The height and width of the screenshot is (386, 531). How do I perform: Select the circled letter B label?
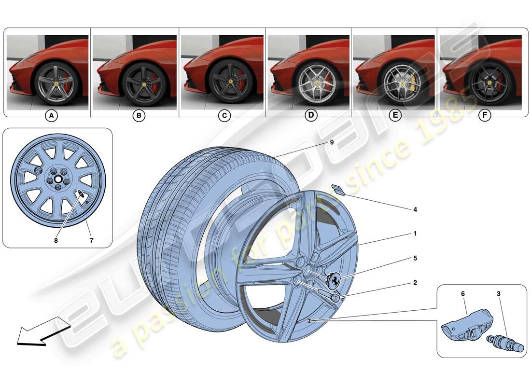point(139,116)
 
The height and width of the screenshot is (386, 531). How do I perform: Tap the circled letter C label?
point(224,116)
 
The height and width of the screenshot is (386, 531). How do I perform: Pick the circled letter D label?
point(311,116)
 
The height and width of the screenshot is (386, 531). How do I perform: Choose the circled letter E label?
point(396,116)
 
